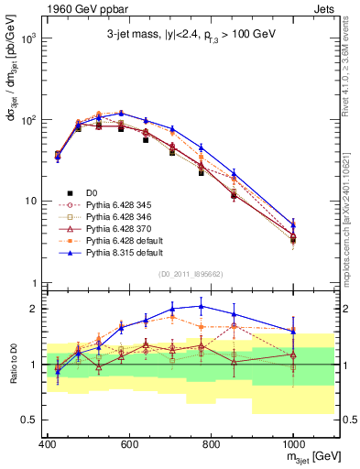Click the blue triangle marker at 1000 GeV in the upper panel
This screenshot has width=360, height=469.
293,224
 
